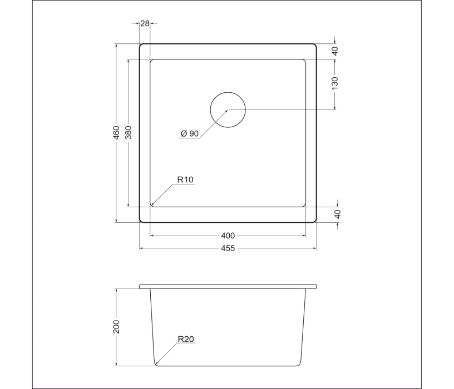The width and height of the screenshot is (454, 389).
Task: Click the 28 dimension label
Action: [145, 23]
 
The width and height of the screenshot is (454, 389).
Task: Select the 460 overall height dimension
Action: [117, 133]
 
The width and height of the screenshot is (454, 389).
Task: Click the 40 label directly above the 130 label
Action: [335, 51]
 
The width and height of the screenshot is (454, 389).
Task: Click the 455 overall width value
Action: [228, 248]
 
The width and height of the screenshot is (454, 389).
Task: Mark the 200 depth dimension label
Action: [117, 327]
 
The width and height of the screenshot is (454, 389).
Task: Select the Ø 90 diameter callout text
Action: [190, 133]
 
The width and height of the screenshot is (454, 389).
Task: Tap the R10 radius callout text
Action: [185, 179]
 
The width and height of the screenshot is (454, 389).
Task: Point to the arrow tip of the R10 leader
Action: [151, 206]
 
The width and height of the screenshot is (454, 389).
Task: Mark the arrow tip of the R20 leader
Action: [157, 364]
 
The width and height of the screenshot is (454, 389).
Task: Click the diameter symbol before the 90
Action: [184, 133]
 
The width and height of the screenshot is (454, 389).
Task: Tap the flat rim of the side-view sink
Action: [228, 287]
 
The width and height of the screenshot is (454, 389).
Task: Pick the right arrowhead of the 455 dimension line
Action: [315, 248]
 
